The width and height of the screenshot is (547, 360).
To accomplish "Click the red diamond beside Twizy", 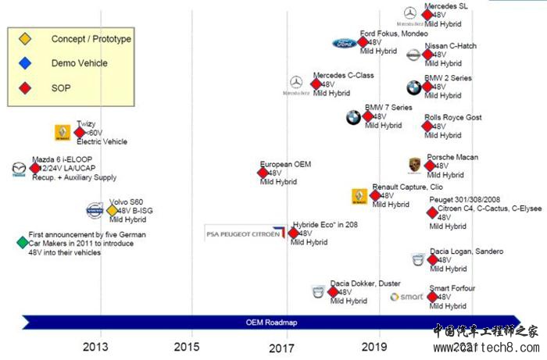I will click(x=79, y=132).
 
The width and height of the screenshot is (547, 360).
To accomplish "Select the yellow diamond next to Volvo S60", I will click(x=112, y=209).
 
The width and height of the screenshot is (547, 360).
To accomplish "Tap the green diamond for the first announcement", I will click(x=21, y=242).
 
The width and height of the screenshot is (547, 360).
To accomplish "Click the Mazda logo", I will click(x=19, y=168).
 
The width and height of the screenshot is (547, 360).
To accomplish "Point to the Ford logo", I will click(x=345, y=43).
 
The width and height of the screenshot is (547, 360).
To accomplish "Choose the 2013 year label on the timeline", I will click(x=96, y=346).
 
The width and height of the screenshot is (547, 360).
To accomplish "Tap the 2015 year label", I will click(x=186, y=346).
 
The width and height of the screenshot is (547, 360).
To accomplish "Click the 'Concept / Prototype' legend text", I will click(x=91, y=39).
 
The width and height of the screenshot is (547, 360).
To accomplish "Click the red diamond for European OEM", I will click(x=264, y=173).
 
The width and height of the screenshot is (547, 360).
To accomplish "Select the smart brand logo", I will click(x=406, y=297).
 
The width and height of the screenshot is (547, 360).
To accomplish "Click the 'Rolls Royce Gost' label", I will click(x=452, y=118).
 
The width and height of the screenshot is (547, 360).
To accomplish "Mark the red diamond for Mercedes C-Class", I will click(x=316, y=84).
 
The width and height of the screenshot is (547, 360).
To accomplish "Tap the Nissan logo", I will click(x=413, y=55).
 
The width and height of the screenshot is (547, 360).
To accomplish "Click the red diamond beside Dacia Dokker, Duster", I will click(x=333, y=292).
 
